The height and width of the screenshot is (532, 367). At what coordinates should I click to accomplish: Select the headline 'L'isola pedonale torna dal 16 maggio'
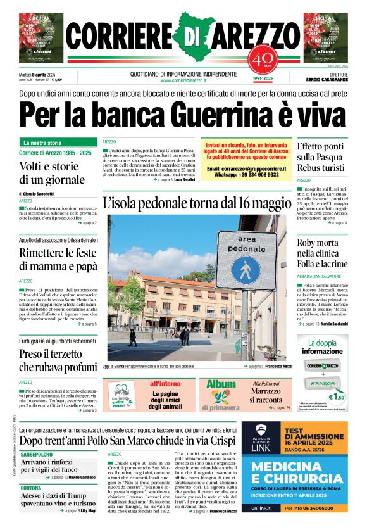click(196, 204)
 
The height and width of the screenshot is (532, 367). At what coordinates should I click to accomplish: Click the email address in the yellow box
click(246, 169)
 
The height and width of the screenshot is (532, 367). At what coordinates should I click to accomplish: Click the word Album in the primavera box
click(220, 384)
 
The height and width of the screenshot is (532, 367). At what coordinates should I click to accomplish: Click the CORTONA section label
click(31, 488)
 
